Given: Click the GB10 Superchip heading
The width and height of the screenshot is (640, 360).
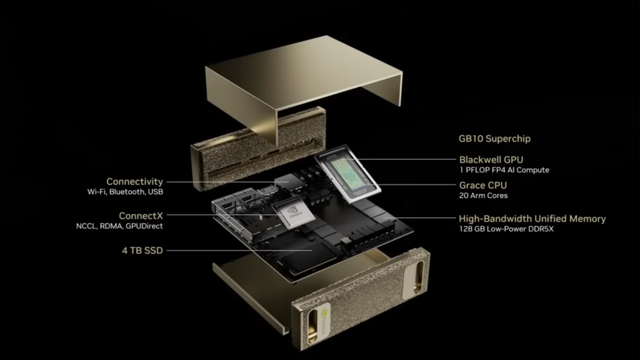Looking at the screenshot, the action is pos(494,139).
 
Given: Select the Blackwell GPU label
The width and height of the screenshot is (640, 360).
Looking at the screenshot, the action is pos(491,160).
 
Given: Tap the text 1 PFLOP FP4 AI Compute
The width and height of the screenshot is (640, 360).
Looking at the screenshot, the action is pos(504,170).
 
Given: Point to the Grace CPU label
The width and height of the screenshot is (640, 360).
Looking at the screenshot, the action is pos(483,185).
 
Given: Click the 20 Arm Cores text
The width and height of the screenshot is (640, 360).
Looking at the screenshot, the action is pos(483,196).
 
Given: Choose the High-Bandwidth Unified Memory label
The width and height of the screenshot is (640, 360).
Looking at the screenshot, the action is pos(532,219).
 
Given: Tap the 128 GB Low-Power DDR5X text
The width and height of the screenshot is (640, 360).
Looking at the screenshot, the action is pos(506,229).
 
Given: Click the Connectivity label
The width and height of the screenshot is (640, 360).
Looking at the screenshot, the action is pos(135,182).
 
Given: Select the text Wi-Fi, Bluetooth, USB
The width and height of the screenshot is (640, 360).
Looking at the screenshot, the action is pos(125,192).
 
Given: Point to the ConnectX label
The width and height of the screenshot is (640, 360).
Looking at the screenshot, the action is pos(141,216).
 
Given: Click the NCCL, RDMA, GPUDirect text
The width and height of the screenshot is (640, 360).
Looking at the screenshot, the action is pos(119,226).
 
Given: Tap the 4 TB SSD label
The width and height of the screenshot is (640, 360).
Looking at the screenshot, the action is pos(142,250).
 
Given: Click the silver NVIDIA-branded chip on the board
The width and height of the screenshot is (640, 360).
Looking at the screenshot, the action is pos(293,213).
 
